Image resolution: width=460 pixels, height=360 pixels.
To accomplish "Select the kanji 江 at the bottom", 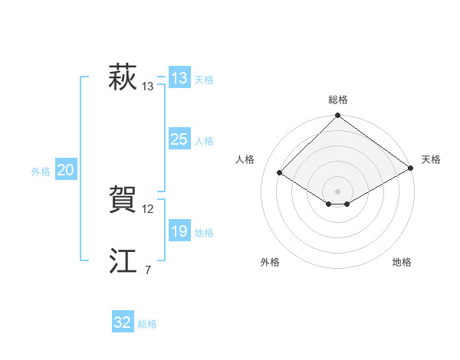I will (123, 262).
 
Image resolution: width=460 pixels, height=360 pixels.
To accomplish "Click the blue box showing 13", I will (179, 78).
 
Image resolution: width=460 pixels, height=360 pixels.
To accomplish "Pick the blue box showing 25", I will (179, 139).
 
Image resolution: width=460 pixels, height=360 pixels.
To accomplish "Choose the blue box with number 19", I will (179, 231).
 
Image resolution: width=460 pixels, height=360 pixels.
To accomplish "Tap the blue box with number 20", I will (66, 170).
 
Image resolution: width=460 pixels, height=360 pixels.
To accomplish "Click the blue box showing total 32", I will (123, 322).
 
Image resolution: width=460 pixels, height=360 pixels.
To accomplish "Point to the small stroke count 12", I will (148, 209).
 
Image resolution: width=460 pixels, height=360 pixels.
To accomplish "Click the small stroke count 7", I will (148, 270).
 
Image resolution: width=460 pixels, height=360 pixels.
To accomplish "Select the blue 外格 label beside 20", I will (41, 172).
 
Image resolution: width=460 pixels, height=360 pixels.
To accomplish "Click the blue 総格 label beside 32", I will (147, 324).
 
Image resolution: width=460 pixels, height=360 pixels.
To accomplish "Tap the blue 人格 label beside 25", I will (204, 141).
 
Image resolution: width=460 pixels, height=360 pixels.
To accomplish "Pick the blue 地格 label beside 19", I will (204, 233).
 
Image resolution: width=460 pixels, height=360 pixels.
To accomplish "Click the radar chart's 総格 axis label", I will (338, 100).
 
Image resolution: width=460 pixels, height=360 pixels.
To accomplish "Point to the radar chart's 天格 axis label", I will (431, 159).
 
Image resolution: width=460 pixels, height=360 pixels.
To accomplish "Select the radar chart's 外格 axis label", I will (270, 262).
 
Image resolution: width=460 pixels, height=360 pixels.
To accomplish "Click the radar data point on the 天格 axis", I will (410, 168).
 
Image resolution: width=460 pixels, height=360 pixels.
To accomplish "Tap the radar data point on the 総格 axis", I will (338, 116).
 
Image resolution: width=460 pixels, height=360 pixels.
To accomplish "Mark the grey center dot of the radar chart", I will (338, 191).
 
